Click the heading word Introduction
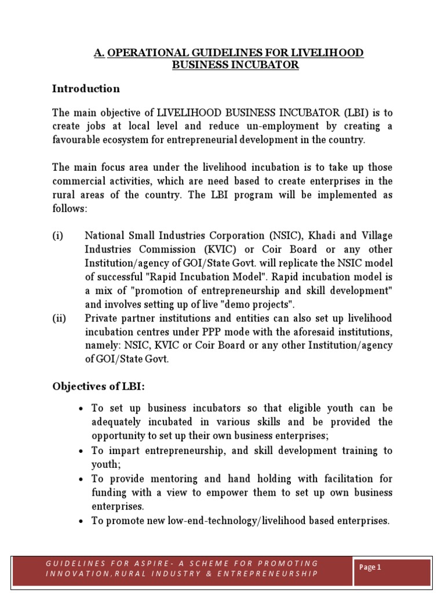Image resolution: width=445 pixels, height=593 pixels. coord(86,89)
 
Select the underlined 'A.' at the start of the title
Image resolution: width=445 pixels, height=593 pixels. coord(99,53)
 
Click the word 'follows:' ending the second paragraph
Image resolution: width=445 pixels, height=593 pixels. coord(70,208)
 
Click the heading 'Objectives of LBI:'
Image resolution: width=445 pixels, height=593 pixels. coord(99,386)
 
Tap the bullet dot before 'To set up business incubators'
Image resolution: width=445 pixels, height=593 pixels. coord(82,409)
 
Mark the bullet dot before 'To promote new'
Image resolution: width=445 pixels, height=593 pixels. coord(82,521)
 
